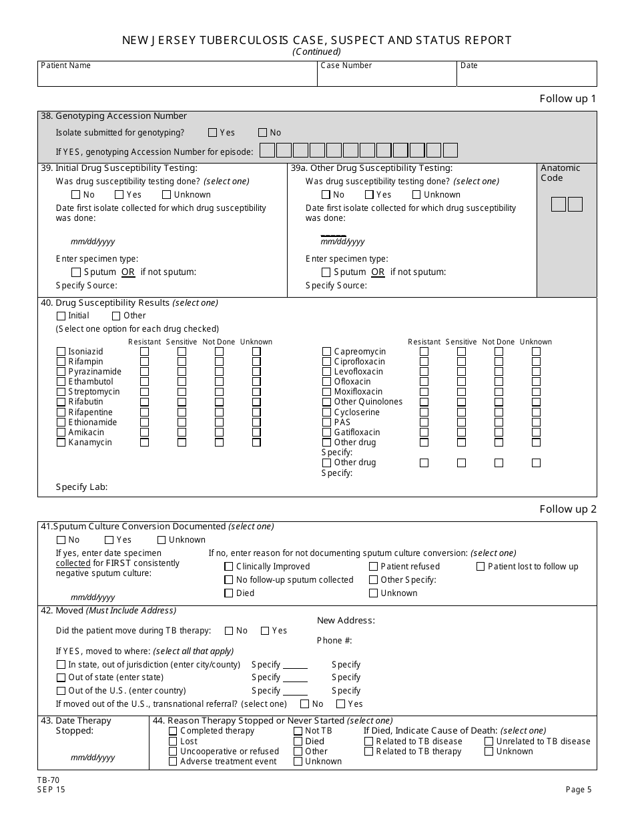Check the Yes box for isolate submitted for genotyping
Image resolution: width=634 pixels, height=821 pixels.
pos(213,133)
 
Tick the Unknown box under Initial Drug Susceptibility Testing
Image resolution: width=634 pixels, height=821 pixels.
pos(167,195)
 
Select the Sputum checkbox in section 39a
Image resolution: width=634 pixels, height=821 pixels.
pos(326,272)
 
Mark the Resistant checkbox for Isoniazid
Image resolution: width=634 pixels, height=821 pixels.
pos(144,352)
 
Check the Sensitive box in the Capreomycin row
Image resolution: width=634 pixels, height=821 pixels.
pos(461,352)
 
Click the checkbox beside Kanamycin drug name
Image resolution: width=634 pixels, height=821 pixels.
pos(61,443)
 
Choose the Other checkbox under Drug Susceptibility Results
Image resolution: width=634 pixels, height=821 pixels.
pos(116,316)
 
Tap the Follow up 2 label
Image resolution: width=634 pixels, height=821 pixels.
pos(567,509)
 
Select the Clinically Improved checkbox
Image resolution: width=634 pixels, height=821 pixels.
pos(229,567)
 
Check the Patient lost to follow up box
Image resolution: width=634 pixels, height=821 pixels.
pos(481,567)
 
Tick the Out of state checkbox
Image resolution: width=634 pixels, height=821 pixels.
pos(61,677)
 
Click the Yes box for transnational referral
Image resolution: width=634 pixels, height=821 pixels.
pos(340,704)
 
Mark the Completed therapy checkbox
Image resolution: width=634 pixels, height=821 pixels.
pos(173,731)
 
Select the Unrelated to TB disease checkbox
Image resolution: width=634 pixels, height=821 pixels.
pos(489,741)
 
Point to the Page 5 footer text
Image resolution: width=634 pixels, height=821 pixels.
pos(578,790)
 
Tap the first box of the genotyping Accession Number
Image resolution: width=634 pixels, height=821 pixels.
pos(267,150)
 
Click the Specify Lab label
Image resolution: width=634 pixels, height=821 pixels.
pos(81,487)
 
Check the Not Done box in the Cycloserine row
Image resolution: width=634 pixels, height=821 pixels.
pos(499,413)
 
